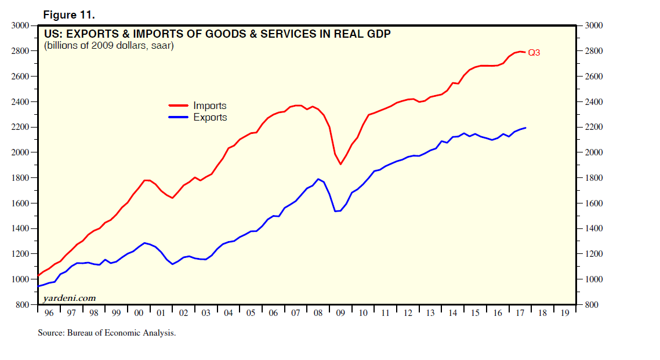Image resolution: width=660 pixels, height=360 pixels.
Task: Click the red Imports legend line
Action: [179, 106]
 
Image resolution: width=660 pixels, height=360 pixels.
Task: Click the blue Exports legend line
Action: [179, 117]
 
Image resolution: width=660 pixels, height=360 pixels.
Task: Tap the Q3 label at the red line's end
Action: [534, 53]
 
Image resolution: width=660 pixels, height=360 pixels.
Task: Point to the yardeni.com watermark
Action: [68, 298]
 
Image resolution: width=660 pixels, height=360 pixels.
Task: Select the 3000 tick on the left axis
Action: [20, 26]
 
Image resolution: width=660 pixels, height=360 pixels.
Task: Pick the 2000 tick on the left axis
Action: [20, 152]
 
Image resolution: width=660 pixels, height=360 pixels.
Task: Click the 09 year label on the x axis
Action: [340, 313]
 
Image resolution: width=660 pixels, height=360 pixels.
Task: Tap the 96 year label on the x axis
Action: [48, 313]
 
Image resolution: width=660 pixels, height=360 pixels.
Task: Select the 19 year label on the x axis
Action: [565, 313]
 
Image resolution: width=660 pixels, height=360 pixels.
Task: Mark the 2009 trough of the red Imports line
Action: [340, 164]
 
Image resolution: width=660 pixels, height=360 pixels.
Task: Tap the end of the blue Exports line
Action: [525, 128]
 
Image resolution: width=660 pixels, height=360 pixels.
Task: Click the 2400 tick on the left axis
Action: [20, 102]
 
